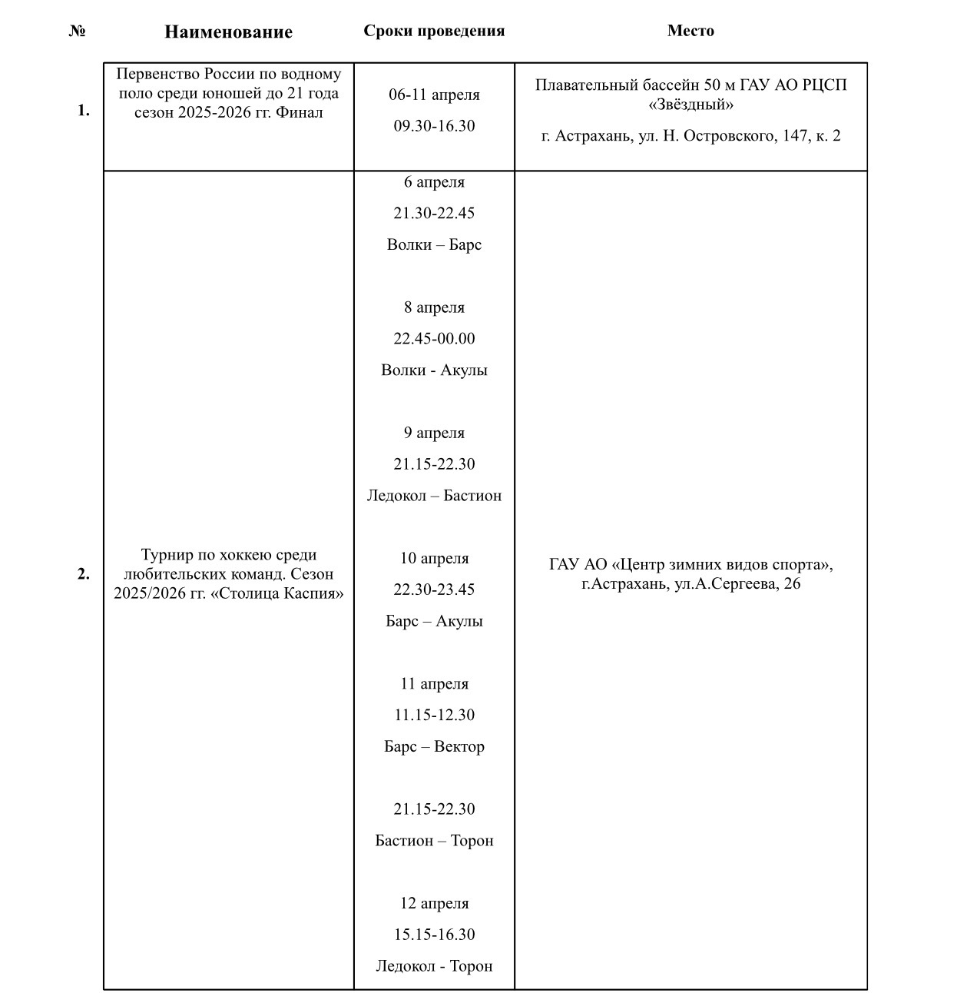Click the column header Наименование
pos(228,32)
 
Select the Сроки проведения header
pos(434,31)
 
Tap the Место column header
pos(690,31)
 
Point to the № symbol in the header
pos(77,31)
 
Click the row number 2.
pos(83,574)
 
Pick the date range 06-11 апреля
pos(434,95)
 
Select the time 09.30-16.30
pos(434,126)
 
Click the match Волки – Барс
pos(434,244)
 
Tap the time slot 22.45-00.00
pos(434,338)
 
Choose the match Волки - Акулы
pos(434,370)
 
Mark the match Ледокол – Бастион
pos(434,496)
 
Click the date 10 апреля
pos(434,558)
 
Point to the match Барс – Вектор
pos(434,746)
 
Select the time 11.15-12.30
pos(434,715)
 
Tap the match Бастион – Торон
pos(434,840)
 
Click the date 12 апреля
pos(434,903)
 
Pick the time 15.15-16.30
pos(434,935)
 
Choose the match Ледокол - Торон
pos(434,966)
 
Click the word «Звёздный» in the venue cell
pos(690,104)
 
